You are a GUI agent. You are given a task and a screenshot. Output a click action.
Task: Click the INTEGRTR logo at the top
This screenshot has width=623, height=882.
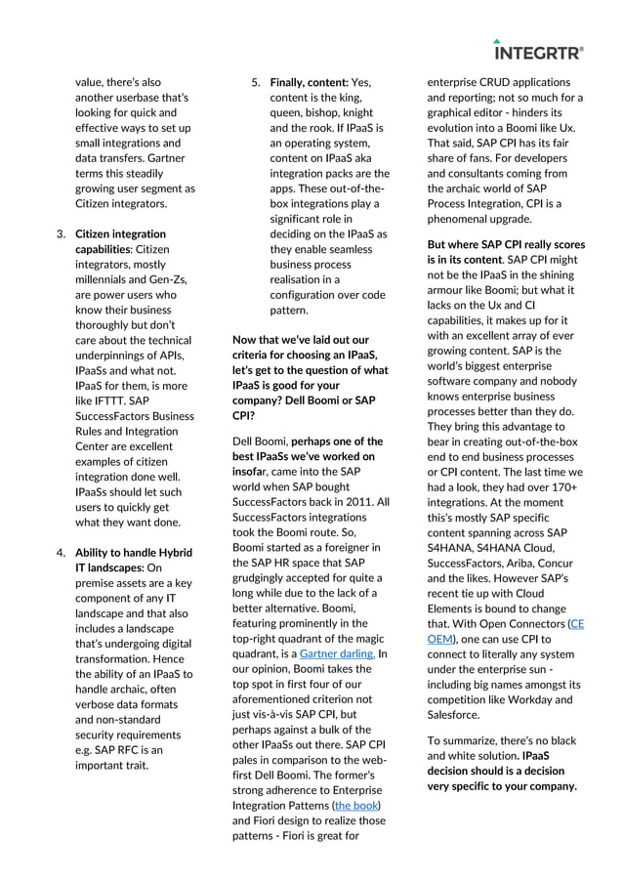[x=539, y=51]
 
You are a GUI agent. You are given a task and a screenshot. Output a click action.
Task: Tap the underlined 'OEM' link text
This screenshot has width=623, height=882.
[x=440, y=638]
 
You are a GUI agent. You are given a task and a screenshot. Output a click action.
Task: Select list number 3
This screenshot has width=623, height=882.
[x=61, y=234]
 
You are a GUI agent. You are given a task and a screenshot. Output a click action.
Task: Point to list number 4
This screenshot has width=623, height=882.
[x=61, y=552]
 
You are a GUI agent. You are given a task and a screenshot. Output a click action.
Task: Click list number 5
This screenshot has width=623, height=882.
[x=255, y=82]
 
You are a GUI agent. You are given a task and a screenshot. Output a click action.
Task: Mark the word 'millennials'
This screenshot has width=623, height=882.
[x=104, y=279]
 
